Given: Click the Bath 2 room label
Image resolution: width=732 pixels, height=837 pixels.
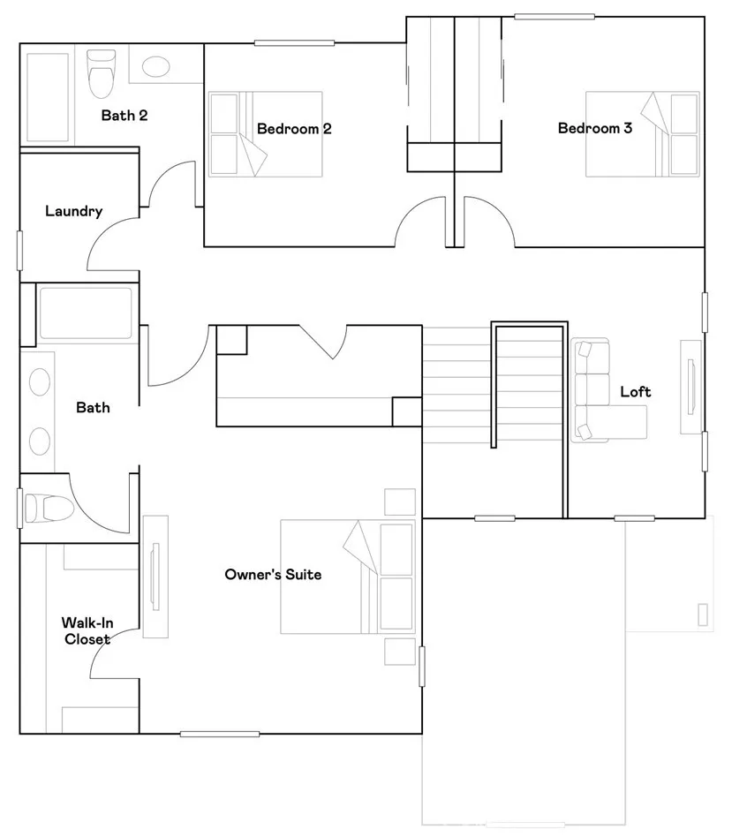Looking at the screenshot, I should point(124,115).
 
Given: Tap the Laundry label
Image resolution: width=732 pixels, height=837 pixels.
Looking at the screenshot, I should point(73,211).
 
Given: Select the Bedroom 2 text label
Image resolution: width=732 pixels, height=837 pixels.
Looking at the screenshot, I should point(294,129).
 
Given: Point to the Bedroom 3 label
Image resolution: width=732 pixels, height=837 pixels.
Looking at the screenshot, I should point(594,128).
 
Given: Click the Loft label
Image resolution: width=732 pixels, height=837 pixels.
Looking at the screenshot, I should point(635,391).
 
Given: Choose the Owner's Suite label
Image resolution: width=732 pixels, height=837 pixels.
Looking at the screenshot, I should point(273,575).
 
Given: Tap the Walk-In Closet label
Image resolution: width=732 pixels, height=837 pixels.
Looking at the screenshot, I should point(87,630).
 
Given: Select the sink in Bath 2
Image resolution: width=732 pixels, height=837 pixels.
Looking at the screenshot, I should point(156,67).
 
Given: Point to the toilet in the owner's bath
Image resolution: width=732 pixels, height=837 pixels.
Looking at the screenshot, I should point(42,509).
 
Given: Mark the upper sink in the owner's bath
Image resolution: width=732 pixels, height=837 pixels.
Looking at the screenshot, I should point(40,383).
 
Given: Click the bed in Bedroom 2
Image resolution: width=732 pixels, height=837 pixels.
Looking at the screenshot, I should point(265,133).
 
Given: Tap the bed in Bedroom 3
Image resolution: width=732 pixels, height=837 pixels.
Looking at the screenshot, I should point(643,133).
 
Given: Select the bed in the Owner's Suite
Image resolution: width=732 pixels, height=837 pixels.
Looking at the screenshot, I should point(347,576).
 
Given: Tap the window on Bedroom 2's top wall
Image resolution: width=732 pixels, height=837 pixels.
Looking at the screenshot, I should point(294,42).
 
